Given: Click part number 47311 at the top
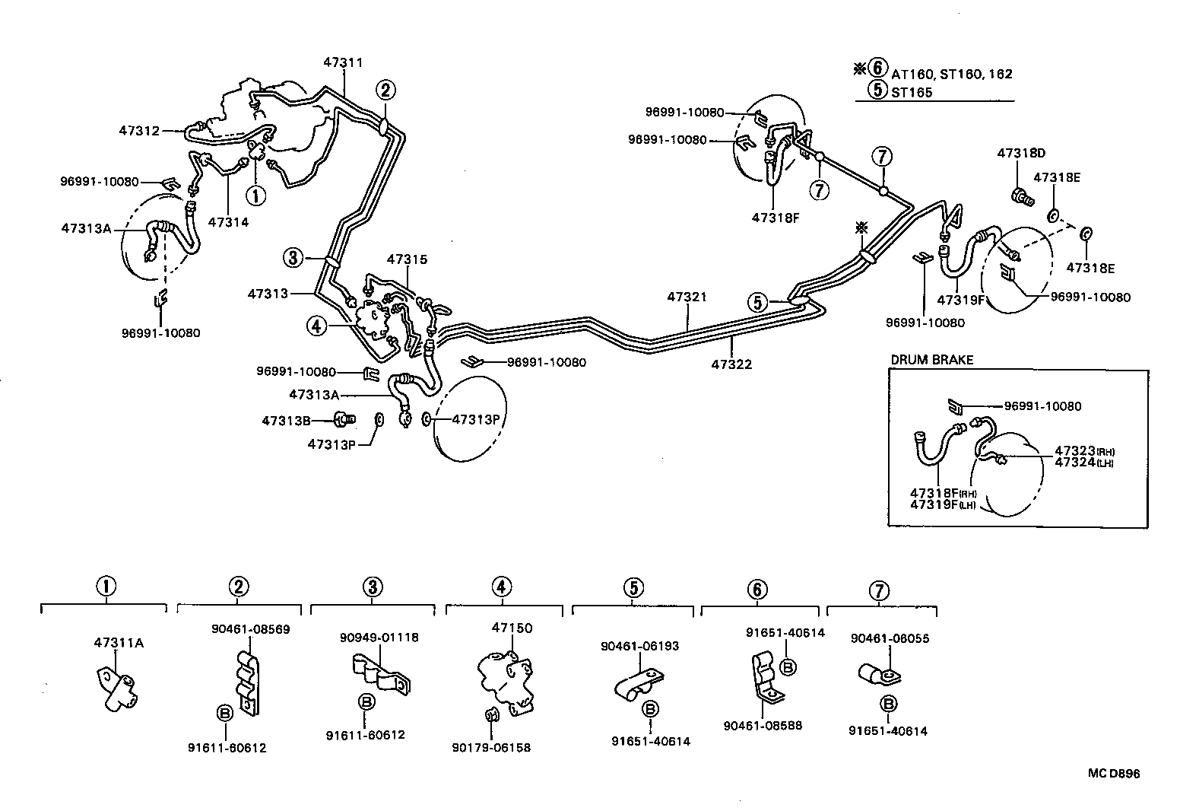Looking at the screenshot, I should coord(343,63).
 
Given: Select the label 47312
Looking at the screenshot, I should coord(139,130).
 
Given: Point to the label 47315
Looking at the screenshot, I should coord(407,259).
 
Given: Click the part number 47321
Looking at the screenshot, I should coord(687,297).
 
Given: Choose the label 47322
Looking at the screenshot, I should coord(731,364).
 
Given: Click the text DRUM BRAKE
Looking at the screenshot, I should coord(931,360).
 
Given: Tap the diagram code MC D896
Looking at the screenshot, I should coord(1113,774).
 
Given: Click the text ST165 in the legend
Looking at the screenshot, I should coord(912,93).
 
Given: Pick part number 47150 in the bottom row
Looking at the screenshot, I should coord(512,628).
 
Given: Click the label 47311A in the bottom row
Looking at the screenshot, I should coord(119,643).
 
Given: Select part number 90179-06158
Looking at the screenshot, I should coord(492,748).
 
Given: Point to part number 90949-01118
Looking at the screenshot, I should coord(379,638).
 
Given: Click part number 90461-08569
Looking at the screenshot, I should coord(250,629).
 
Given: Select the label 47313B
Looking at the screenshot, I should coord(286,420).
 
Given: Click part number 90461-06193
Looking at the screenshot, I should coord(639,646).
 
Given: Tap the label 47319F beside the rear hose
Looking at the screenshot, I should coord(961,300).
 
